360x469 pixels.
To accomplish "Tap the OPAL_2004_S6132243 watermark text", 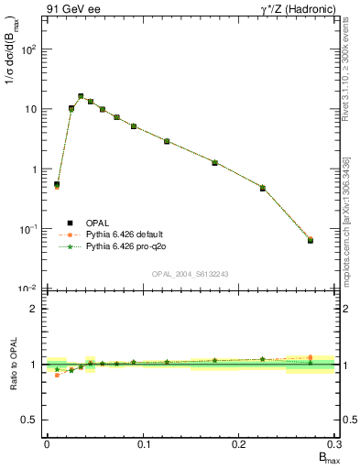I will (191, 274).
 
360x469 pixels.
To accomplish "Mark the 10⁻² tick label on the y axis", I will (27, 289).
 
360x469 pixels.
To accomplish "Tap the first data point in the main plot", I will (57, 184).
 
